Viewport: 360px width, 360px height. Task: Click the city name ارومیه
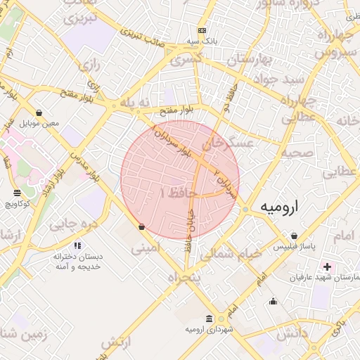[x=280, y=207]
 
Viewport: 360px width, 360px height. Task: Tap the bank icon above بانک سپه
[x=202, y=31]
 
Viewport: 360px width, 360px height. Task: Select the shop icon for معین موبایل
[x=38, y=112]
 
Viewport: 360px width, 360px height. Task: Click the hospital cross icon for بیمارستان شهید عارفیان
[x=327, y=266]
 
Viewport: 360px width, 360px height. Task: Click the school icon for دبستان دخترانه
[x=77, y=245]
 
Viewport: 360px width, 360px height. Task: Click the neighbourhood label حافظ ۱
[x=179, y=191]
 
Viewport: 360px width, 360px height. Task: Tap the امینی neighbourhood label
[x=146, y=247]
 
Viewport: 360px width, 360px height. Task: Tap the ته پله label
[x=135, y=103]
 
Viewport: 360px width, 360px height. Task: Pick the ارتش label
[x=117, y=344]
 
